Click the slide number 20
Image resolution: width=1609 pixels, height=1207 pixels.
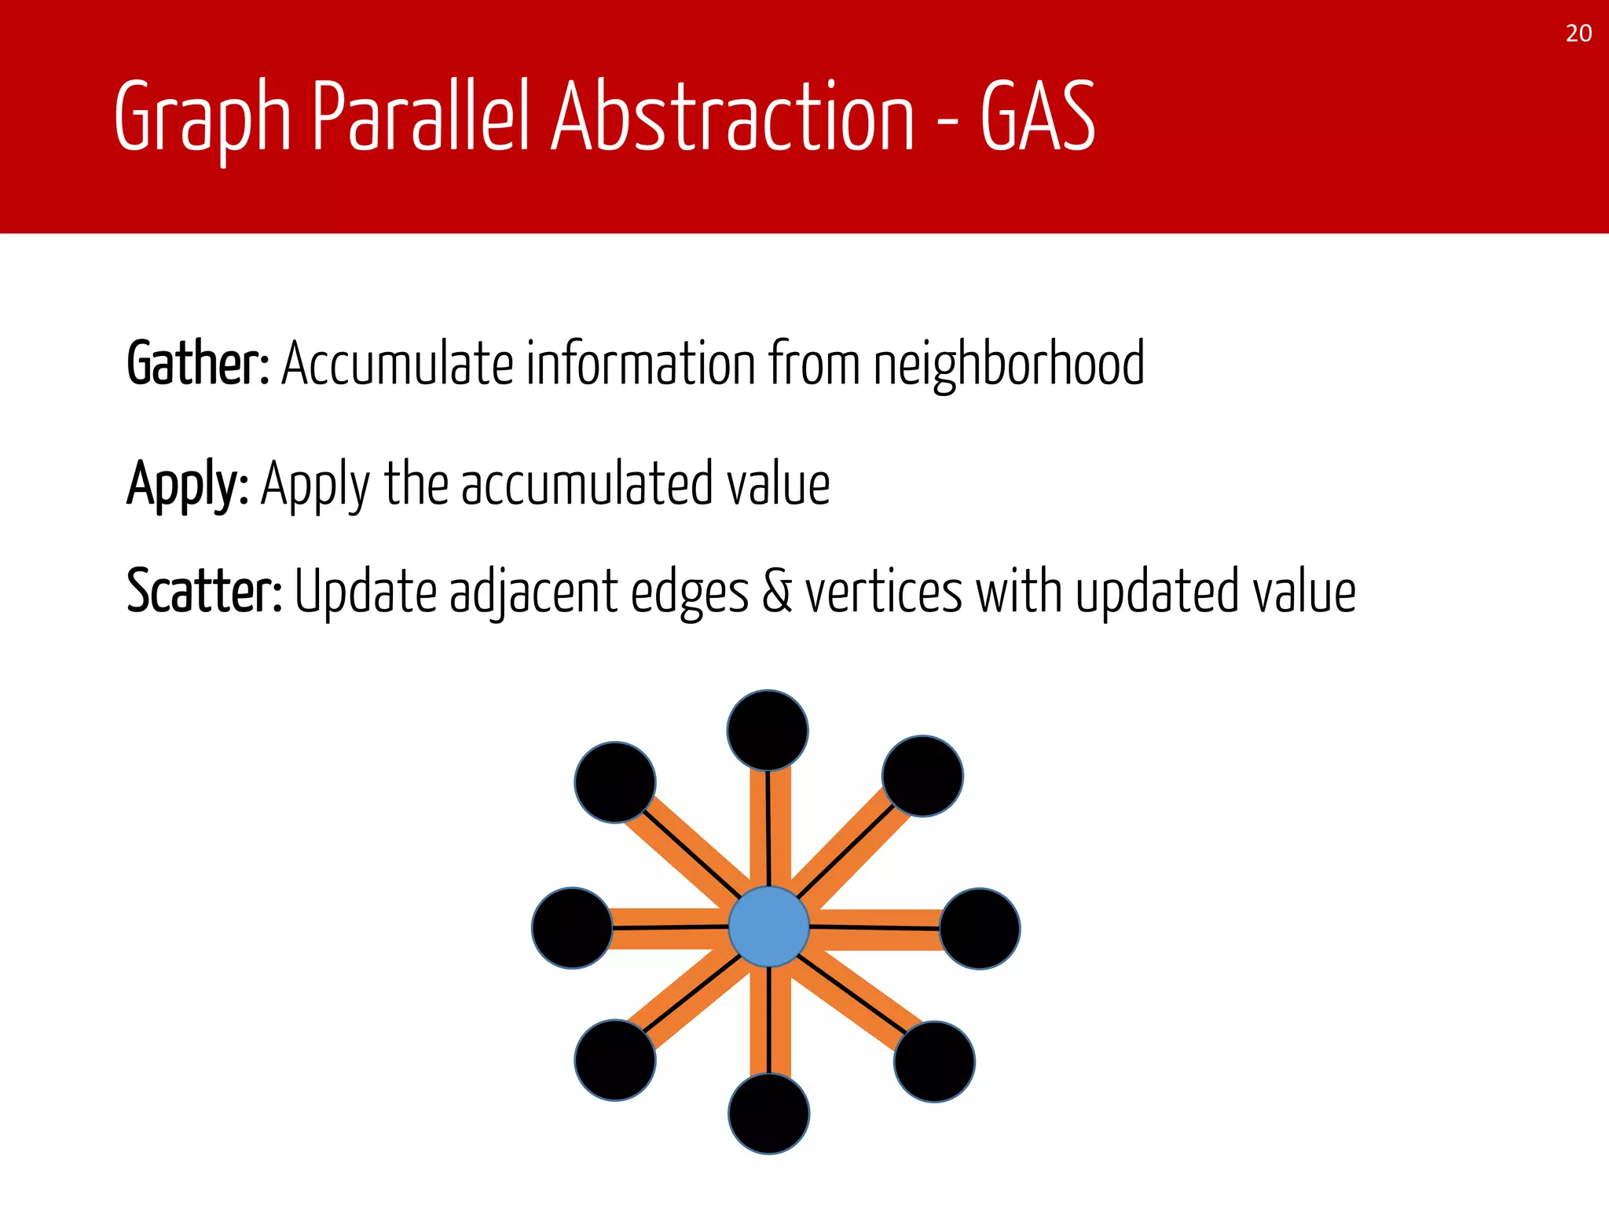point(1578,34)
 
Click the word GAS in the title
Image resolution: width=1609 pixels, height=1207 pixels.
point(1037,118)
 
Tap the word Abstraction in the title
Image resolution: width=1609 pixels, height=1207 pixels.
point(732,118)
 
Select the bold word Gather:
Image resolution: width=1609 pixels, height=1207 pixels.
point(198,365)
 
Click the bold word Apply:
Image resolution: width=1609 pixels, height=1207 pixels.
point(188,485)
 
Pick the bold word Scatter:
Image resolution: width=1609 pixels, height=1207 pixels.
point(204,592)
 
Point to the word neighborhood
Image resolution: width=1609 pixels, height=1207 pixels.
point(1009,365)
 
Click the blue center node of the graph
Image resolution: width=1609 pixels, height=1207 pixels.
point(768,926)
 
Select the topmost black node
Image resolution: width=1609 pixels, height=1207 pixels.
point(768,730)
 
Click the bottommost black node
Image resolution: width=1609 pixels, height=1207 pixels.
point(768,1113)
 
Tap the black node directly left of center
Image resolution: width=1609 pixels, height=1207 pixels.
point(572,928)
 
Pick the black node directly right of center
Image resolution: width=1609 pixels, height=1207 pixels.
point(980,929)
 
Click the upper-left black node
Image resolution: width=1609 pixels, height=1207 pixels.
point(615,783)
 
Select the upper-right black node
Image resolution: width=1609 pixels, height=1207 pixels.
point(922,776)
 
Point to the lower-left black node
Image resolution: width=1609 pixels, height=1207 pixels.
point(615,1060)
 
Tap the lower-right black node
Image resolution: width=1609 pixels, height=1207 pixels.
point(934,1062)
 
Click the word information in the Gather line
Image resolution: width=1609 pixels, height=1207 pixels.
point(640,365)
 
